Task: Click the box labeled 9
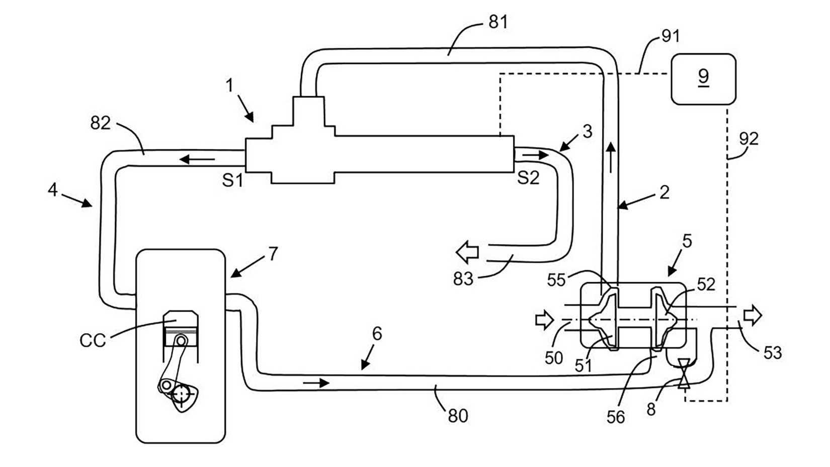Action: pyautogui.click(x=703, y=79)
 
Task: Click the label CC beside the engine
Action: pyautogui.click(x=93, y=341)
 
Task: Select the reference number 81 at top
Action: pyautogui.click(x=498, y=22)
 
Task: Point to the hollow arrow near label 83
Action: pyautogui.click(x=467, y=252)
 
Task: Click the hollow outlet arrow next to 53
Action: pyautogui.click(x=753, y=316)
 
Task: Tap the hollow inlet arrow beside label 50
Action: pyautogui.click(x=544, y=320)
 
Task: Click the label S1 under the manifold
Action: pyautogui.click(x=232, y=180)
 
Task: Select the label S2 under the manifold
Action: pyautogui.click(x=528, y=178)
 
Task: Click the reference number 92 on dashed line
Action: pyautogui.click(x=749, y=138)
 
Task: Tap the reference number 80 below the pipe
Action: pyautogui.click(x=457, y=416)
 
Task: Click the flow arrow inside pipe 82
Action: pyautogui.click(x=197, y=160)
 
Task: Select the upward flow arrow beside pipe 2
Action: pyautogui.click(x=611, y=158)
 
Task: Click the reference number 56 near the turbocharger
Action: pyautogui.click(x=616, y=417)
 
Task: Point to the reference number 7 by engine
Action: pyautogui.click(x=273, y=254)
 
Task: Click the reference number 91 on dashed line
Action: pyautogui.click(x=671, y=36)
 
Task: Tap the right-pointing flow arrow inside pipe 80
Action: pyautogui.click(x=316, y=383)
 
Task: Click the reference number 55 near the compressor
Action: pyautogui.click(x=556, y=280)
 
